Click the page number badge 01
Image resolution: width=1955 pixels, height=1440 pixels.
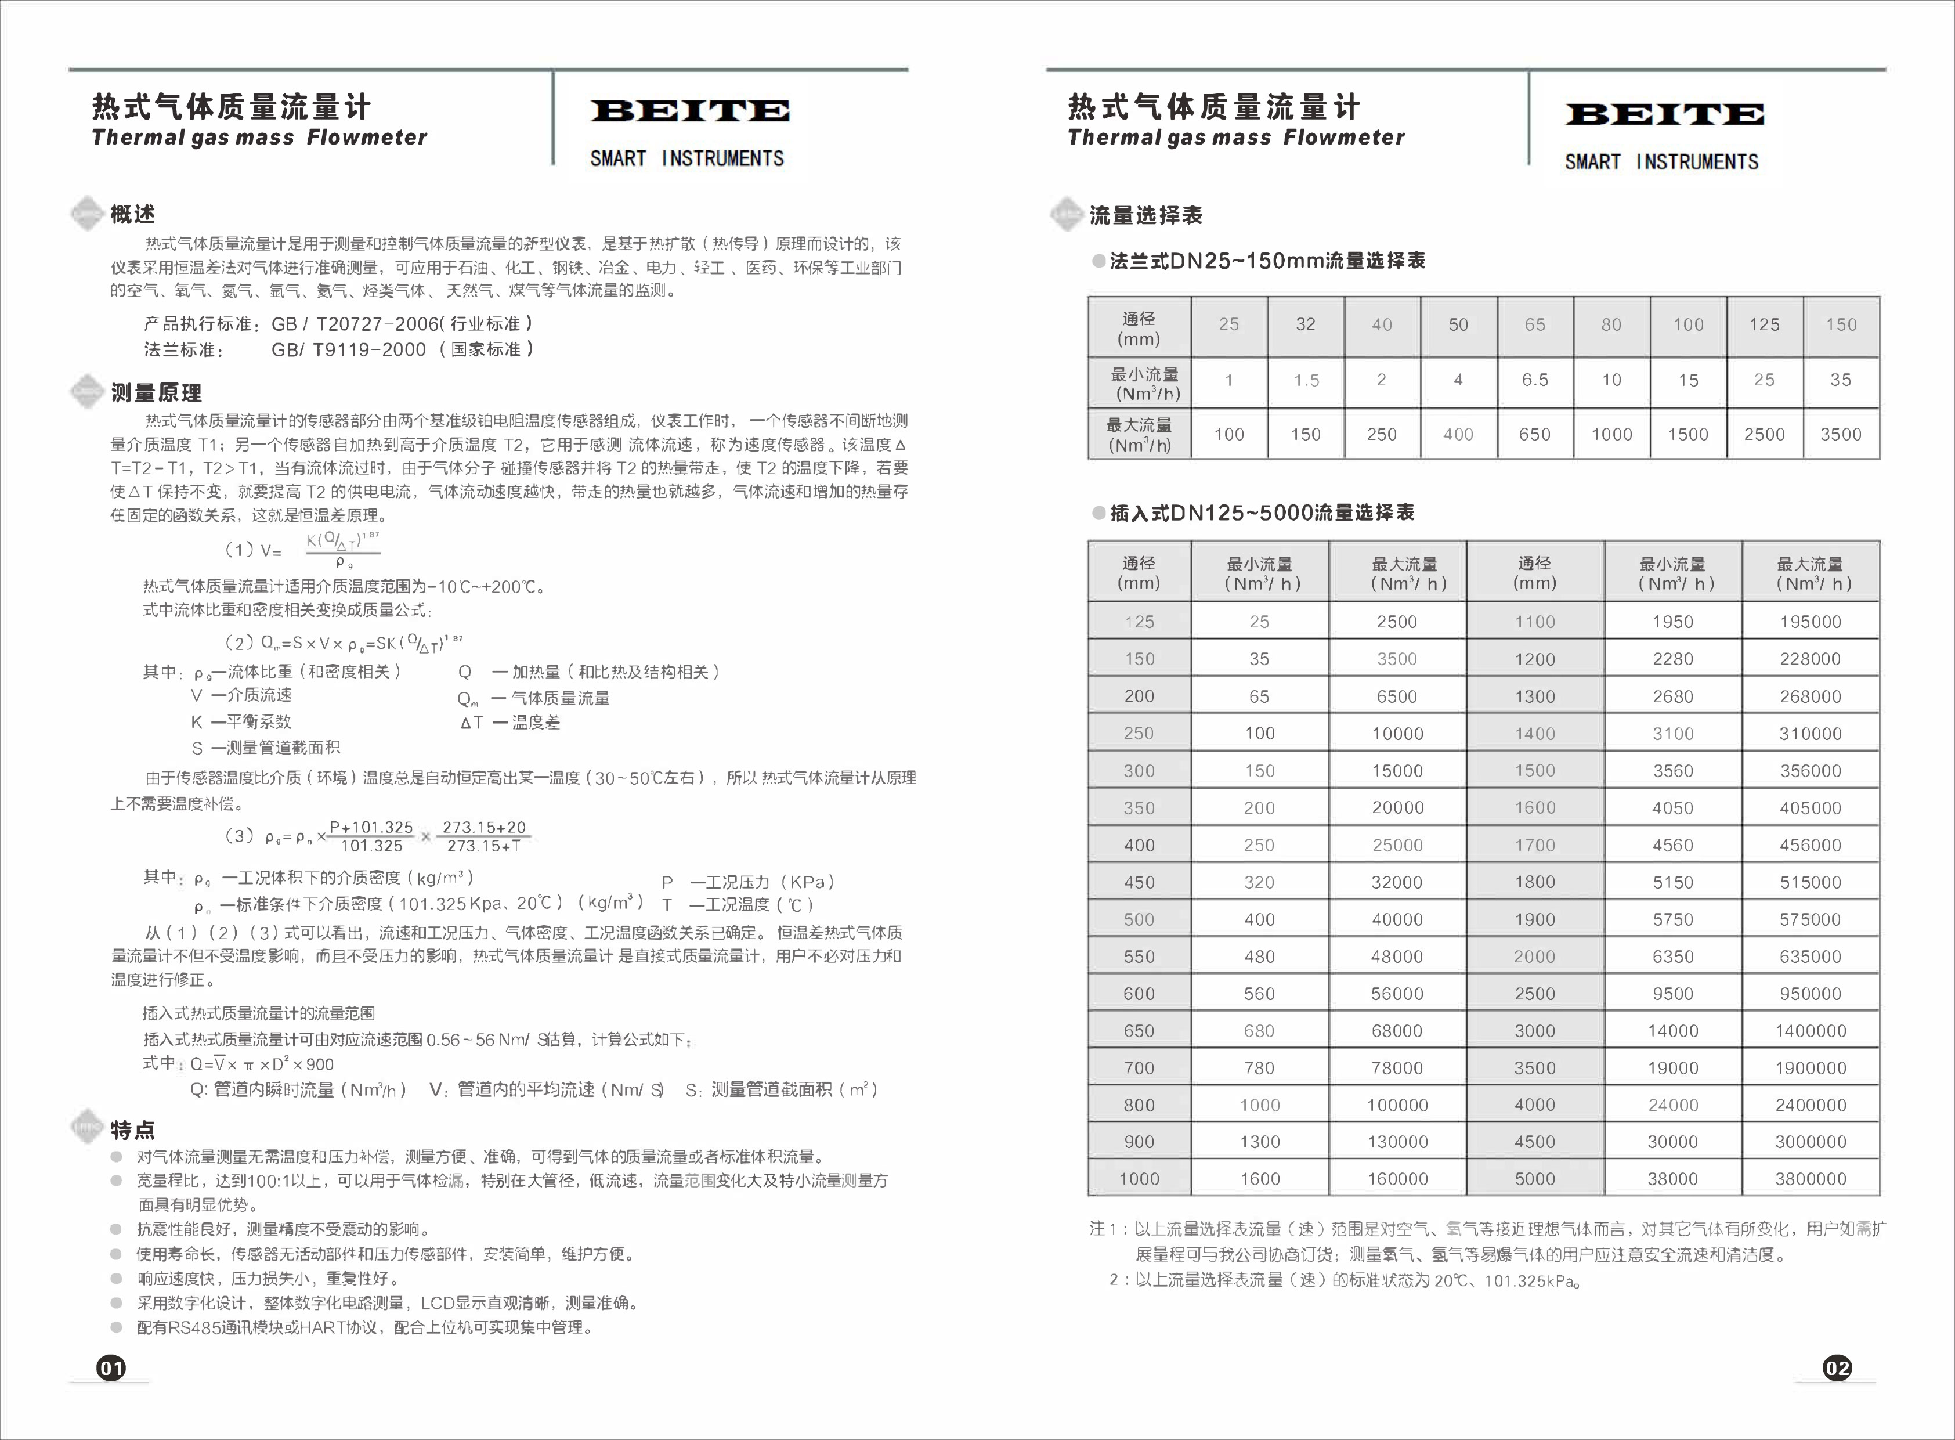[x=111, y=1367]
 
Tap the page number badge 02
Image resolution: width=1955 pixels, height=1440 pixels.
[x=1837, y=1367]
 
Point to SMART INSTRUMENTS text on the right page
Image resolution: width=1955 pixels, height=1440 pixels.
[x=1661, y=162]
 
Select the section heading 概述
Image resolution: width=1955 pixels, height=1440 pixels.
[x=132, y=214]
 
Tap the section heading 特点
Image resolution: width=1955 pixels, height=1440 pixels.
[x=132, y=1131]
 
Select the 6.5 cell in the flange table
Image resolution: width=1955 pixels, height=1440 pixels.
[x=1535, y=380]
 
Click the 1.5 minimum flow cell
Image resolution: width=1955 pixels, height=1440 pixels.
[x=1306, y=380]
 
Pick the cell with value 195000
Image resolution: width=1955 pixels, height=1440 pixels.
[x=1811, y=622]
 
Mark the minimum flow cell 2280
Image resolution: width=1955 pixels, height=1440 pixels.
[x=1672, y=659]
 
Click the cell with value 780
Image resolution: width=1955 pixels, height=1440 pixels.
[x=1259, y=1068]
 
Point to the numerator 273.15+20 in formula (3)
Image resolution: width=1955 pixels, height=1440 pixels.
[x=484, y=827]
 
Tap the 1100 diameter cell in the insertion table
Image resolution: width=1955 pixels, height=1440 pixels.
[x=1534, y=622]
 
